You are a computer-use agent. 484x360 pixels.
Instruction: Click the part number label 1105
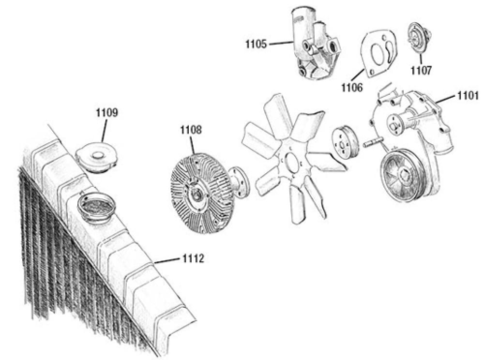pos(256,45)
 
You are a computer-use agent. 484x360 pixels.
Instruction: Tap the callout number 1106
pos(352,87)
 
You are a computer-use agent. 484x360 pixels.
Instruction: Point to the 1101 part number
pos(468,95)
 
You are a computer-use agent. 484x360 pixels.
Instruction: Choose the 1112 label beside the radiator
pos(194,259)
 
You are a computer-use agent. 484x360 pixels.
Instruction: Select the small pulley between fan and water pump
pos(345,144)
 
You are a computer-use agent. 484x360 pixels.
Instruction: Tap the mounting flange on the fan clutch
pos(237,182)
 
